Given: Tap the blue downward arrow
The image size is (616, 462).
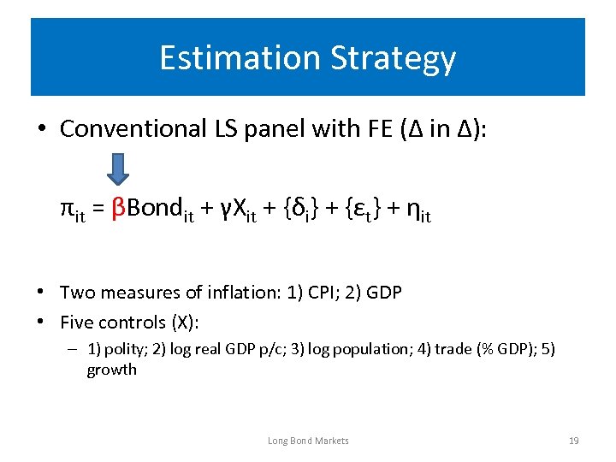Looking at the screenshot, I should (x=120, y=169).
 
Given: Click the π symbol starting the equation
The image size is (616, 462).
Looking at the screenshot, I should (x=67, y=207).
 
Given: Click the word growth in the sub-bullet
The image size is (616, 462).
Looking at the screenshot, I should (x=111, y=370).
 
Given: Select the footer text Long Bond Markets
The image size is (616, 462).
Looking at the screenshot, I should (x=308, y=441).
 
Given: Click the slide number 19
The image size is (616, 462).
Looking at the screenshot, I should (x=573, y=441).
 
